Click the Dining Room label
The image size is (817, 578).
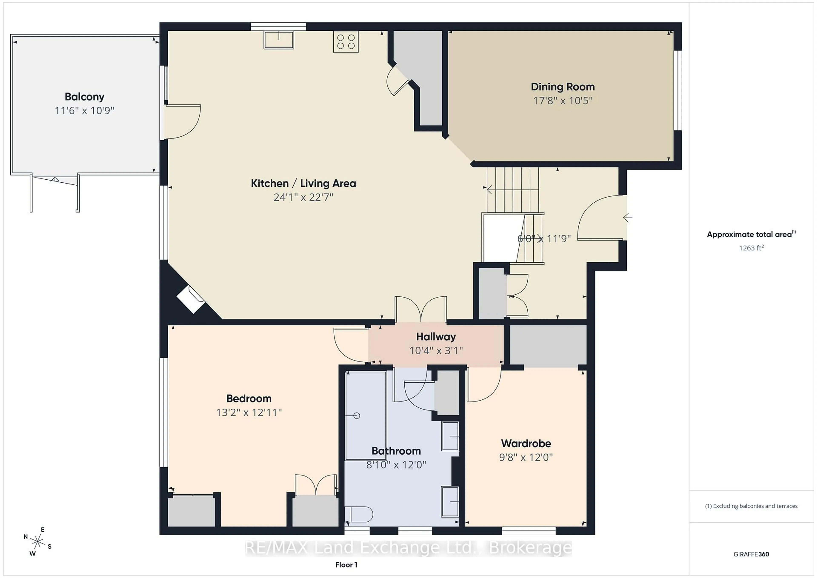(562, 87)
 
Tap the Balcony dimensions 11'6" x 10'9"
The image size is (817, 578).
(84, 111)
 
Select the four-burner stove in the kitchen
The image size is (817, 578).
(346, 42)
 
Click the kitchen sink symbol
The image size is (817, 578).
(279, 40)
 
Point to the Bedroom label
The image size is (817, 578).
(249, 399)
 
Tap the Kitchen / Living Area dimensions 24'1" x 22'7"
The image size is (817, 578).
(303, 197)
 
